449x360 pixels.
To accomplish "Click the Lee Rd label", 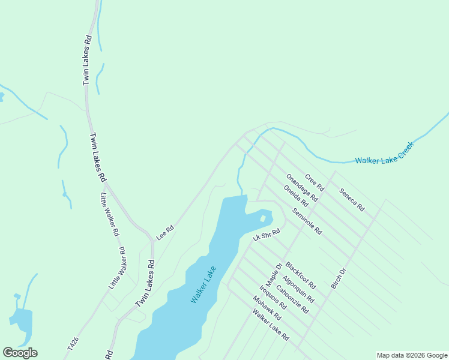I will [x=165, y=232].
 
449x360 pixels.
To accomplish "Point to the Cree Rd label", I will [x=314, y=182].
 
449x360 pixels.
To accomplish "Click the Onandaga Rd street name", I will [x=301, y=187].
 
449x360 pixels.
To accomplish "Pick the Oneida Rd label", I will [x=295, y=196].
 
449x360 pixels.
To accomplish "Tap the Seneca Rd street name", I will [x=352, y=200].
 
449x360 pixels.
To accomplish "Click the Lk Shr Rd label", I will [x=267, y=235].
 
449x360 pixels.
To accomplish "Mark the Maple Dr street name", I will [x=274, y=275].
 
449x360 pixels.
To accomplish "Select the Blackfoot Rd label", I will [x=300, y=275].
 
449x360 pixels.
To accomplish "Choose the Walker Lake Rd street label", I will [x=271, y=325].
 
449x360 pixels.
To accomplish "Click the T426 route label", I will [x=71, y=343].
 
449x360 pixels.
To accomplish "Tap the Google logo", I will [x=20, y=353].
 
